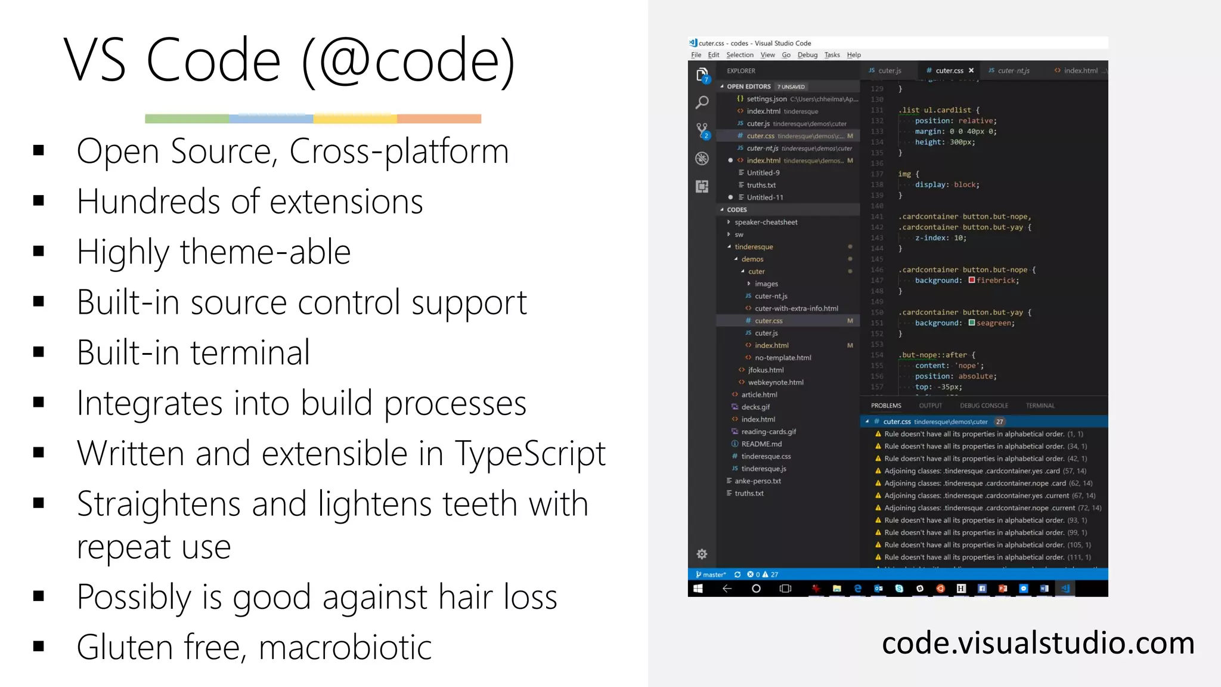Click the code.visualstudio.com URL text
click(x=1038, y=643)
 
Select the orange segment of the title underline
click(x=439, y=119)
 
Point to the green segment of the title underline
click(x=187, y=119)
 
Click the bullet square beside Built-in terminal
click(x=39, y=352)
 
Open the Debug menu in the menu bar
click(x=807, y=55)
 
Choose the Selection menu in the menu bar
click(x=740, y=55)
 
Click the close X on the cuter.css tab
click(x=971, y=70)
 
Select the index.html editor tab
click(x=1080, y=70)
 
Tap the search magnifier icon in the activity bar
click(x=702, y=102)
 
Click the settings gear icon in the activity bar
click(x=702, y=554)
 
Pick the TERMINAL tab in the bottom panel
click(x=1040, y=406)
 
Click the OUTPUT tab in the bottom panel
click(x=930, y=406)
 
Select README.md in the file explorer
click(x=761, y=444)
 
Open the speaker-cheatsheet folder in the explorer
click(x=766, y=222)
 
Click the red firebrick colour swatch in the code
click(x=972, y=280)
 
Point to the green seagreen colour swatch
click(x=972, y=323)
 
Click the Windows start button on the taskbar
click(x=698, y=589)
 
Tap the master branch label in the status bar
click(x=713, y=575)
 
